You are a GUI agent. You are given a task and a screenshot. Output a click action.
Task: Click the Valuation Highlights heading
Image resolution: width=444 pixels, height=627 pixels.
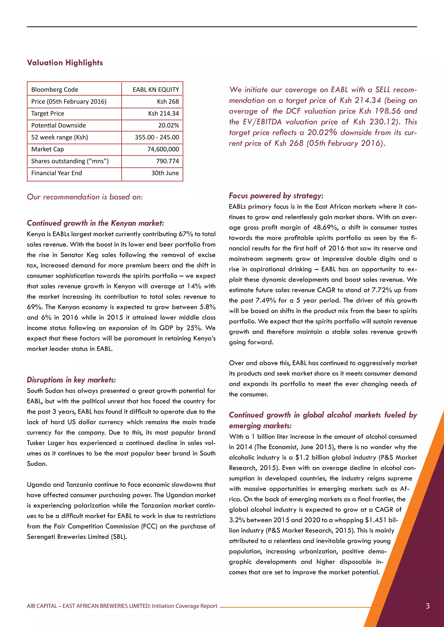[65, 63]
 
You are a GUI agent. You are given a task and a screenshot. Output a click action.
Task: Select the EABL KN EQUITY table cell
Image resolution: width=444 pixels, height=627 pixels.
[156, 90]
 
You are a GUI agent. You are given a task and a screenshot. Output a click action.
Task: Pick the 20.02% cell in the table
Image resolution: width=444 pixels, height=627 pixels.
[168, 125]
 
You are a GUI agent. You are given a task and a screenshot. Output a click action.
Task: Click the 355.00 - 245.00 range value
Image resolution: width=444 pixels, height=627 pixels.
[157, 137]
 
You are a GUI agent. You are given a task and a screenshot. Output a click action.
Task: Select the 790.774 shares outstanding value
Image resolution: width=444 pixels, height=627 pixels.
[167, 161]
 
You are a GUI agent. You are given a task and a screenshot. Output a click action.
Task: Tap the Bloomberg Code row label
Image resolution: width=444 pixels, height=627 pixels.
[55, 90]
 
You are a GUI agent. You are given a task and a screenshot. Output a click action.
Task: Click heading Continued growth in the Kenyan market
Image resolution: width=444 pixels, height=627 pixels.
[95, 223]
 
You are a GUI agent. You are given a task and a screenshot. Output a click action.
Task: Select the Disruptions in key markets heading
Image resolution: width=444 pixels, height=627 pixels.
[71, 380]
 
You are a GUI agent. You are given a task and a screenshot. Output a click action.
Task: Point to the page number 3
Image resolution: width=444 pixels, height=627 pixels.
[428, 606]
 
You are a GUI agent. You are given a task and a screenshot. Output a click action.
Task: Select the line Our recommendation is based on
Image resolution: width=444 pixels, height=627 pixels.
[85, 197]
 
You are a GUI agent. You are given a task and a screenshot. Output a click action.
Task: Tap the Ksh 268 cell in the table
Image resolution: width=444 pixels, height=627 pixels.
[168, 102]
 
